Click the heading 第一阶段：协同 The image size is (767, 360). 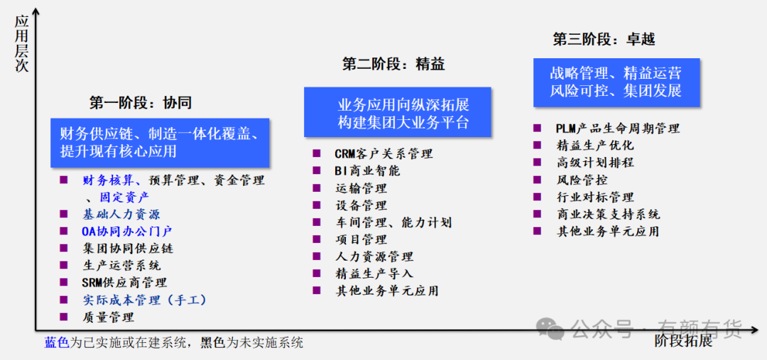click(x=140, y=103)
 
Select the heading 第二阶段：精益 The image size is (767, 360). click(x=393, y=64)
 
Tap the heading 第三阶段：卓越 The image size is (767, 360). click(x=604, y=39)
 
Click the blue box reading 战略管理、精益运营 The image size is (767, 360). click(x=616, y=82)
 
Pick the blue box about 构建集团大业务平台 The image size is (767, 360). click(x=397, y=112)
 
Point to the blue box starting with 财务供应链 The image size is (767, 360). click(x=160, y=143)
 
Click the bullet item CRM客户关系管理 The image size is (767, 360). click(x=384, y=153)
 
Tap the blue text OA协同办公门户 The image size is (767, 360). click(x=127, y=231)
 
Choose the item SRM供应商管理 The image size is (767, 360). click(x=124, y=282)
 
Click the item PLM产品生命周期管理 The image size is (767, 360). click(x=618, y=129)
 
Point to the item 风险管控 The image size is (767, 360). click(x=582, y=180)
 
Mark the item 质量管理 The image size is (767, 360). click(x=108, y=317)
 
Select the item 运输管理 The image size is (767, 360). click(x=361, y=188)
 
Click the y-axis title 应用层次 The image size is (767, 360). click(x=21, y=43)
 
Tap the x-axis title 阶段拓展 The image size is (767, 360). click(x=684, y=342)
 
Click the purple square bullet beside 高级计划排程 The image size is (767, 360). click(x=538, y=163)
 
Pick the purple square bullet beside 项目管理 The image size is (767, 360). click(x=317, y=239)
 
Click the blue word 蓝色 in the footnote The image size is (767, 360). click(x=57, y=342)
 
